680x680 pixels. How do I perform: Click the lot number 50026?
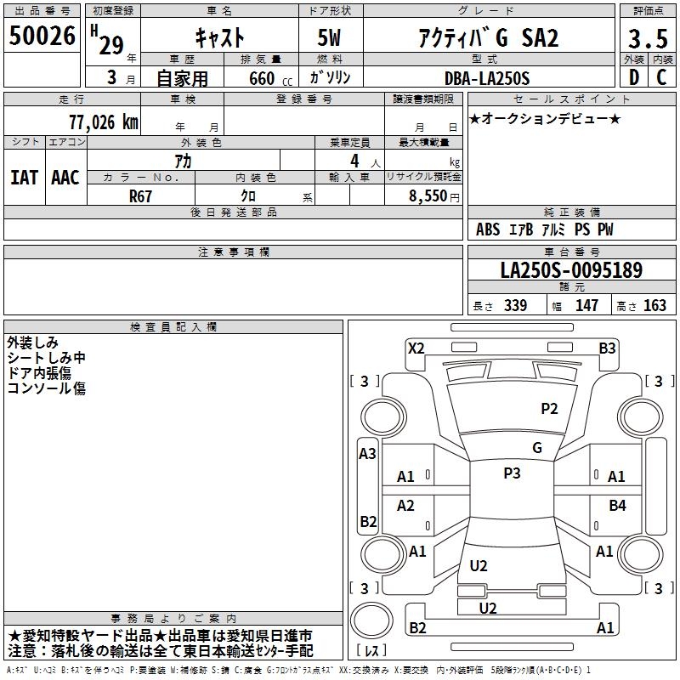[42, 35]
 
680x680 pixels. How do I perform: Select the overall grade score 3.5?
[648, 38]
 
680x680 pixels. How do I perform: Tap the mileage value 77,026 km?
[103, 122]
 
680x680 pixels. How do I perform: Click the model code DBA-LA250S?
[487, 78]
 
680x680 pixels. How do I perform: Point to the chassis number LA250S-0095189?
[571, 269]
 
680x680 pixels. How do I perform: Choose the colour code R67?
[140, 196]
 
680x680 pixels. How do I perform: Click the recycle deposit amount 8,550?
[428, 195]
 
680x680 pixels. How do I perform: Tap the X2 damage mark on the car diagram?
[416, 348]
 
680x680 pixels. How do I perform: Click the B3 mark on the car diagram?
[607, 348]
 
